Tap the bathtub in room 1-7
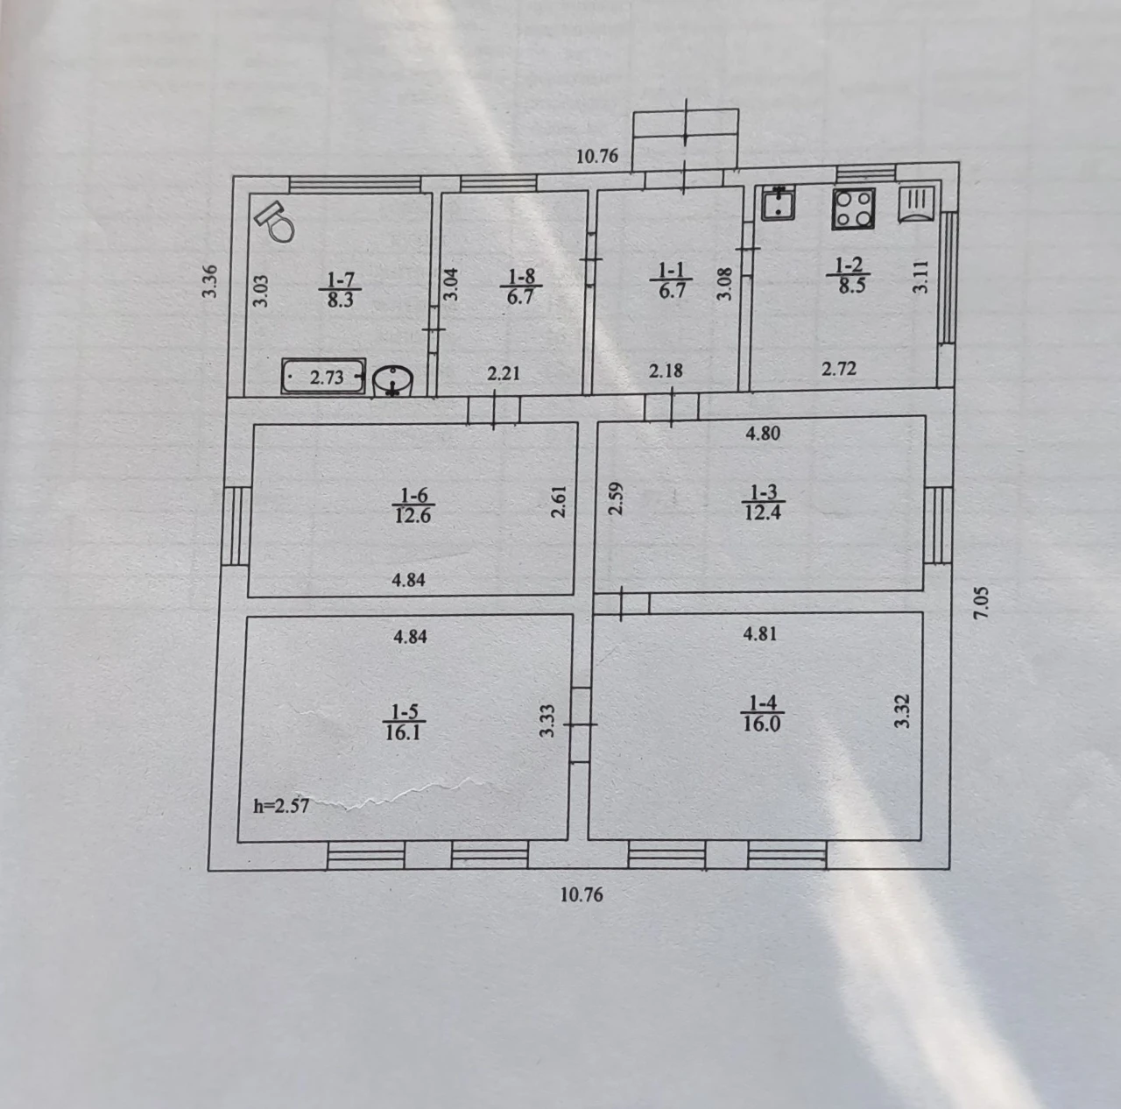click(x=323, y=376)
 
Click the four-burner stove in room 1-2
click(x=853, y=208)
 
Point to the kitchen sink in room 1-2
click(x=779, y=203)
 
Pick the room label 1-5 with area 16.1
click(x=403, y=722)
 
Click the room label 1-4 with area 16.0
click(x=762, y=713)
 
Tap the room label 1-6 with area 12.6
click(x=413, y=505)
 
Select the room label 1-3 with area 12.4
click(x=763, y=502)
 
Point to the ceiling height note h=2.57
click(x=281, y=806)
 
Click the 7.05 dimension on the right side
click(x=981, y=603)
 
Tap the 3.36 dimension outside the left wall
click(x=209, y=281)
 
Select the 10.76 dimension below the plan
click(x=582, y=894)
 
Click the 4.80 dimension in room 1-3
click(x=763, y=433)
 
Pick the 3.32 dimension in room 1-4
click(x=901, y=711)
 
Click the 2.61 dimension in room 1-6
click(x=559, y=502)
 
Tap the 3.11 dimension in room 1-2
click(x=920, y=277)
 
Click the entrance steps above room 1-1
click(x=686, y=139)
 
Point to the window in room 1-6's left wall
click(x=236, y=526)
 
